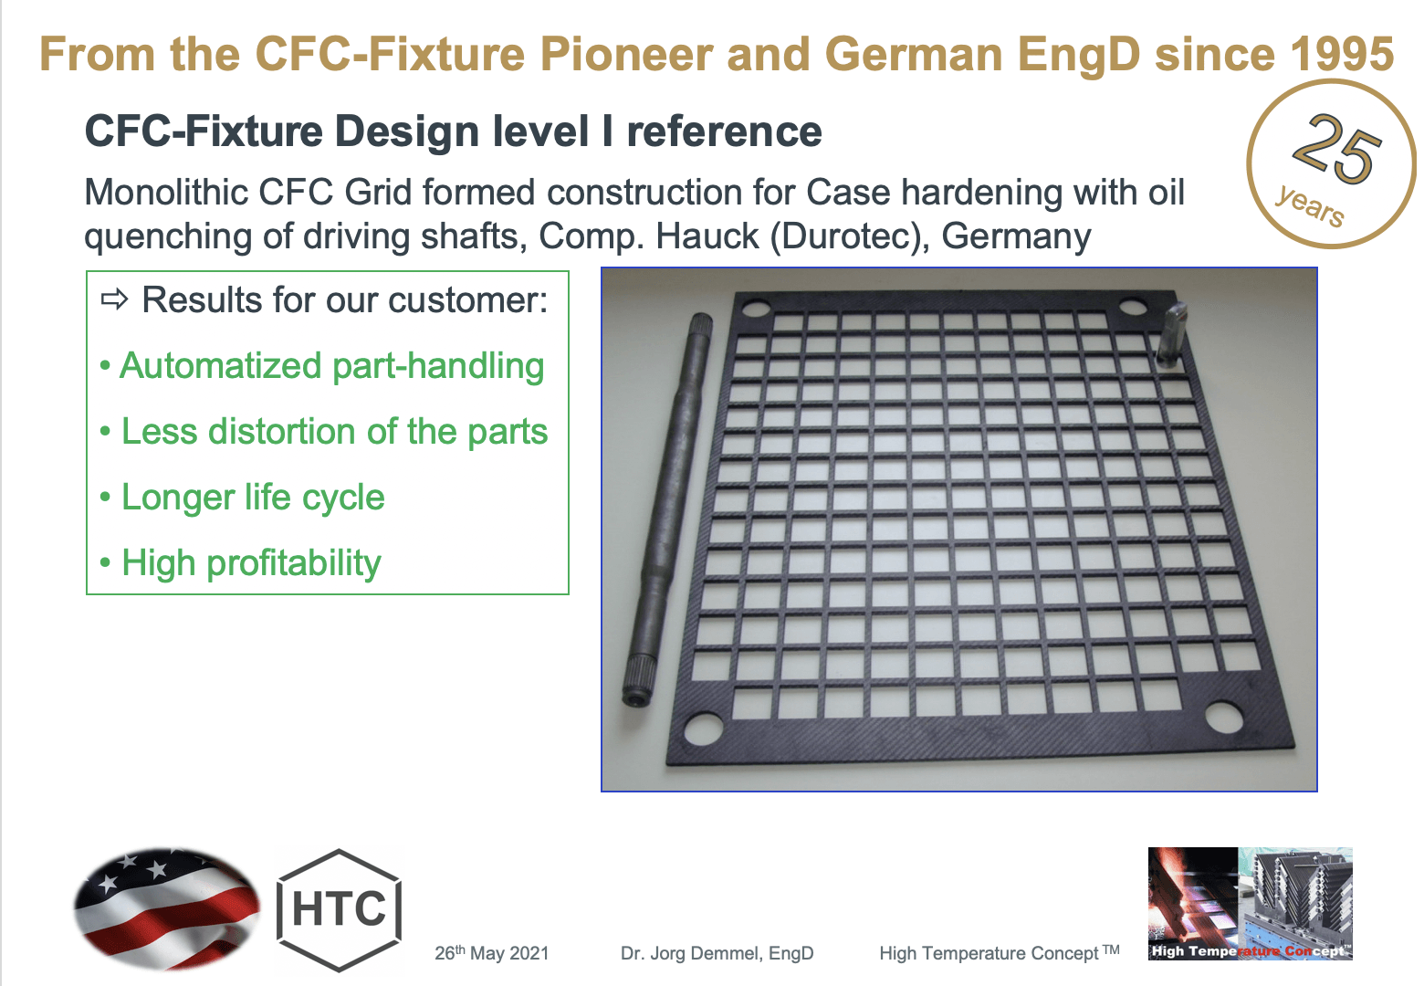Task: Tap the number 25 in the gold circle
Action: click(1337, 148)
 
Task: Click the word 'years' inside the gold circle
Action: click(1310, 205)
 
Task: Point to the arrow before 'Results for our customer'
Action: click(115, 300)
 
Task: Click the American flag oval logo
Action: click(167, 907)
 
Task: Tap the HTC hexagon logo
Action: click(340, 909)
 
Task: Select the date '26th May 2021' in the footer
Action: click(491, 953)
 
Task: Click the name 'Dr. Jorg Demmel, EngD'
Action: click(717, 953)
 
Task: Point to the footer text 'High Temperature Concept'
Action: click(989, 953)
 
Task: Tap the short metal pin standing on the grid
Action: click(1171, 333)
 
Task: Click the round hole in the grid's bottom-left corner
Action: click(704, 728)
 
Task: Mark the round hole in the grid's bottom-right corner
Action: click(1223, 717)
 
